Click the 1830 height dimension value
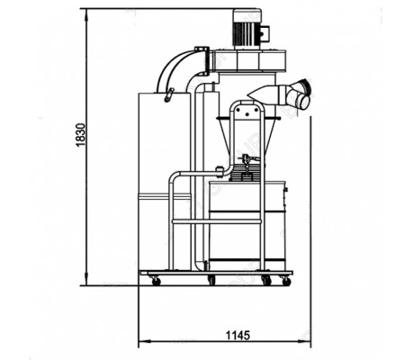(81, 134)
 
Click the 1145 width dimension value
(238, 335)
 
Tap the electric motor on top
(247, 29)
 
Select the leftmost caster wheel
(156, 281)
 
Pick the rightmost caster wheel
(286, 281)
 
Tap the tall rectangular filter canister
(165, 182)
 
